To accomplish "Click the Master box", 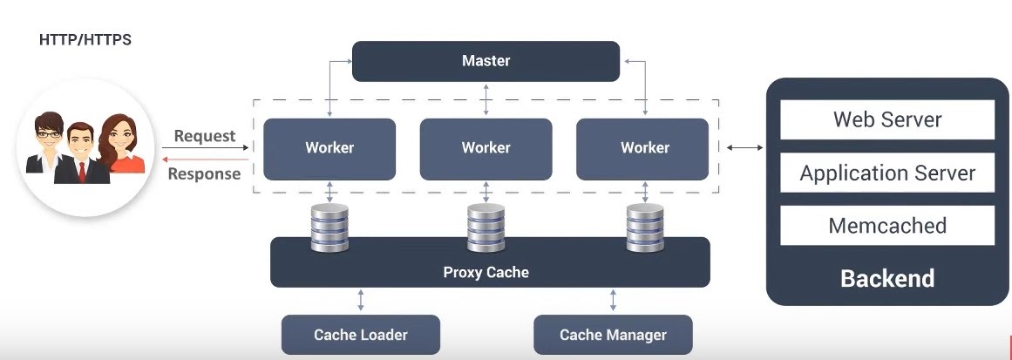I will (x=486, y=61).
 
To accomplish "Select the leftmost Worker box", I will (x=329, y=148).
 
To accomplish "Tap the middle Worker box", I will (x=486, y=148).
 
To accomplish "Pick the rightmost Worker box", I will (x=644, y=148).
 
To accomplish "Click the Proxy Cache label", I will (x=486, y=272).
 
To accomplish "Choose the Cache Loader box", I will (x=360, y=335).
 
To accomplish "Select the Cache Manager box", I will (x=613, y=335).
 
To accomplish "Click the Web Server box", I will (x=886, y=119).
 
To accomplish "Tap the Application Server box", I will (x=886, y=173).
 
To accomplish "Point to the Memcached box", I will (x=886, y=226).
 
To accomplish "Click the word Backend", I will (x=886, y=278).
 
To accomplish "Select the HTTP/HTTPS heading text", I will (x=85, y=40).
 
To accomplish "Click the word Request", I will (x=205, y=136).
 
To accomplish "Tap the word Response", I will (x=204, y=173).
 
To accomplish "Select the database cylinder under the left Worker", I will (x=329, y=228).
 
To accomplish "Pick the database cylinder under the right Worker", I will (x=645, y=228).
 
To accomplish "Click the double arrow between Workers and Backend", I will (x=744, y=148).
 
